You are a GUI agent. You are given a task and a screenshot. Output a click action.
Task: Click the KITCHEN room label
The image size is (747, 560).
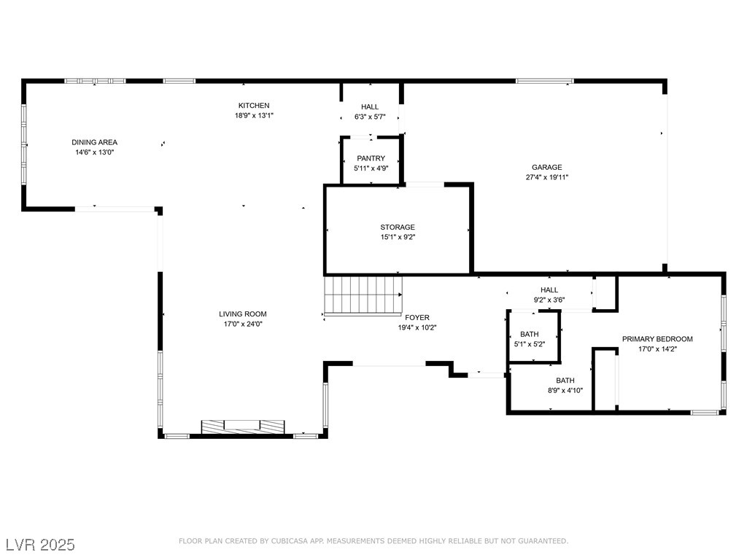click(254, 105)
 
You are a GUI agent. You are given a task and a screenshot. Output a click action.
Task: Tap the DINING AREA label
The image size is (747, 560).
click(94, 142)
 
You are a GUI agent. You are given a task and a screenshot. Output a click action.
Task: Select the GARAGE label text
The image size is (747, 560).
click(547, 167)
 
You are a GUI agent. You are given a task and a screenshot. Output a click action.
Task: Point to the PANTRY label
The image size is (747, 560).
click(371, 158)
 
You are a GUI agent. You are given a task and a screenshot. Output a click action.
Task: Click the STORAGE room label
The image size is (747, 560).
click(398, 227)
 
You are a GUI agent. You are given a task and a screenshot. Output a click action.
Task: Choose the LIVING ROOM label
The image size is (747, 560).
click(243, 314)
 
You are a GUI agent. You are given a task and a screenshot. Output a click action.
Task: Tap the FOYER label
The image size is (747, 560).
click(417, 317)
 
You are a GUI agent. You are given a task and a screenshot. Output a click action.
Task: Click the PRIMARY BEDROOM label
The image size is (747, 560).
click(657, 338)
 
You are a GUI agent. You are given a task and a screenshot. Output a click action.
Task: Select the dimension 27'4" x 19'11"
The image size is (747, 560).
click(547, 177)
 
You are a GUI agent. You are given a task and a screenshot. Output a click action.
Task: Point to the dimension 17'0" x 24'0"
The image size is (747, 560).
click(243, 324)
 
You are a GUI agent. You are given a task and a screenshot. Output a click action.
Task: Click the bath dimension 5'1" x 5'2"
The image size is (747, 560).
click(530, 344)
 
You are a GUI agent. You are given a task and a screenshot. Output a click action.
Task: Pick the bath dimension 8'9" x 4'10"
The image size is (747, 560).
click(565, 391)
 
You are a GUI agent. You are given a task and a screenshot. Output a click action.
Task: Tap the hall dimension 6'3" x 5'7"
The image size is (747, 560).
click(370, 117)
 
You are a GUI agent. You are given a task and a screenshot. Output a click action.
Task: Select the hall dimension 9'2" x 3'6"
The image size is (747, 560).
click(549, 300)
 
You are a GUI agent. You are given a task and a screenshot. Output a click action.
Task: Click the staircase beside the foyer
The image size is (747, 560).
click(363, 296)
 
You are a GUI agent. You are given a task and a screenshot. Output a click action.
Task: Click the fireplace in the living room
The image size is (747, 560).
click(243, 427)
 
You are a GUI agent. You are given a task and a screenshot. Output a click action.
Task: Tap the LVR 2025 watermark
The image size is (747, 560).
click(41, 545)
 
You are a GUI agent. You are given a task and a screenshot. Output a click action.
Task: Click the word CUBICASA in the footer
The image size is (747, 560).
click(289, 541)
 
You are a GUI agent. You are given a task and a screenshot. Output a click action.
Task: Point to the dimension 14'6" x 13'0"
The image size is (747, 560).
click(94, 152)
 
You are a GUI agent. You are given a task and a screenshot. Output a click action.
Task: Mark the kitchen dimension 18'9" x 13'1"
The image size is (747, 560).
click(254, 115)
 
